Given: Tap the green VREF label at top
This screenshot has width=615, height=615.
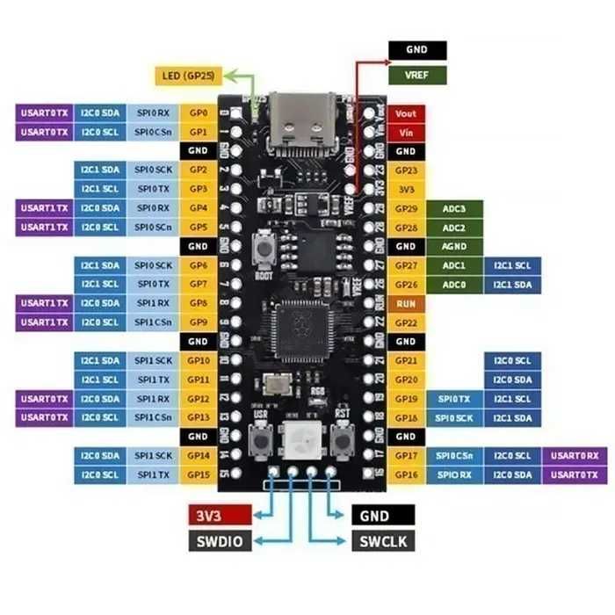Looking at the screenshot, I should pos(416,76).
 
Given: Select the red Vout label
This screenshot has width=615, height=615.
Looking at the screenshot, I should pos(405,113).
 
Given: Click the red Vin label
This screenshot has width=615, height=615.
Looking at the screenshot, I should pos(405,132).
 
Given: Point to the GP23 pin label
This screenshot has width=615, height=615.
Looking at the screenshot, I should pos(405,170).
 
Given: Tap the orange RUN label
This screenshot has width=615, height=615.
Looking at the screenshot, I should pos(405,304).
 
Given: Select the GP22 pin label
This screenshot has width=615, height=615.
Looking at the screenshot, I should pos(405,322).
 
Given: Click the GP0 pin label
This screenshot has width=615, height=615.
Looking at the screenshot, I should pos(198,113).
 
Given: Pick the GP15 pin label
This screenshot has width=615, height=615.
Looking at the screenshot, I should pos(198,474).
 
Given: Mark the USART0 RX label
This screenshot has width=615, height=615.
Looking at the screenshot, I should pos(574,455).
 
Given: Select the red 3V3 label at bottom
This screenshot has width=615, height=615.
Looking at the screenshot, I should pos(221,515).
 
